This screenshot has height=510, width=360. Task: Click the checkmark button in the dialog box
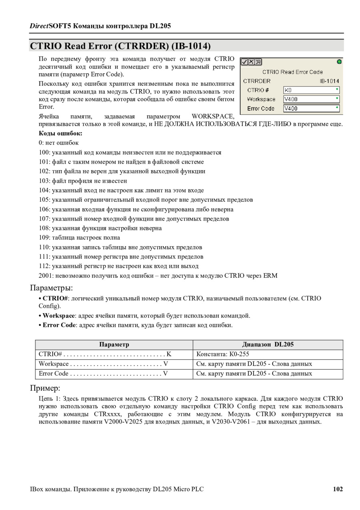click(244, 62)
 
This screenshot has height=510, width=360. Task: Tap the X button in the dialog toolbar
click(252, 62)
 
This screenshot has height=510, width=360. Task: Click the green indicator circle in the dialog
click(339, 62)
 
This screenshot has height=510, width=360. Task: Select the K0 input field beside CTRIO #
click(311, 90)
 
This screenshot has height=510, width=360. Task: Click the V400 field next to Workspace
click(311, 99)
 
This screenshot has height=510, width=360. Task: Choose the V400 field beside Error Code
click(311, 108)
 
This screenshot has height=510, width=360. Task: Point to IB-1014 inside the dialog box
click(329, 81)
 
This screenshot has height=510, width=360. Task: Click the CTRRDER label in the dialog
click(257, 81)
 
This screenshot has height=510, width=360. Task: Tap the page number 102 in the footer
click(338, 489)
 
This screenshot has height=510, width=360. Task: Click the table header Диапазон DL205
click(268, 345)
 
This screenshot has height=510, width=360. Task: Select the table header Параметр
click(114, 345)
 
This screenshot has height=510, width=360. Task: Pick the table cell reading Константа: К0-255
click(223, 354)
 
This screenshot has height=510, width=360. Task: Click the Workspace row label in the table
click(54, 364)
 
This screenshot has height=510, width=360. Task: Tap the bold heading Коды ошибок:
click(60, 133)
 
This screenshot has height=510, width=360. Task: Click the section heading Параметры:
click(52, 288)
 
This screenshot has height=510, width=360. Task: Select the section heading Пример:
click(45, 388)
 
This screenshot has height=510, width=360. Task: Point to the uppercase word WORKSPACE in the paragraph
click(213, 116)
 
